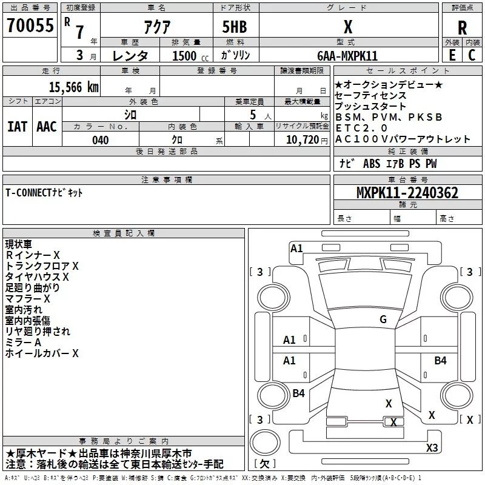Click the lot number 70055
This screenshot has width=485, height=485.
(x=30, y=26)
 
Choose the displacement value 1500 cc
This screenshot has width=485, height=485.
(x=186, y=56)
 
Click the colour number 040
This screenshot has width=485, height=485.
(x=101, y=140)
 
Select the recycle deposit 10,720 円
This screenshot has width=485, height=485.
(x=302, y=140)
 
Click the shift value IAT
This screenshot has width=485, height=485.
(x=17, y=127)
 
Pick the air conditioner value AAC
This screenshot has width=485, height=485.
(x=47, y=127)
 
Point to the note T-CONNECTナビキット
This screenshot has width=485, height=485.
(x=44, y=193)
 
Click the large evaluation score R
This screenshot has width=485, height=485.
(x=462, y=27)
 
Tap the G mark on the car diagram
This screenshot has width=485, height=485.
(x=383, y=319)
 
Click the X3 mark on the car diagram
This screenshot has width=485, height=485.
(x=432, y=448)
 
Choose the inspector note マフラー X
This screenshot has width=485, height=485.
(x=28, y=299)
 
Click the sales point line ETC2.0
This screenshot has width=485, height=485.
(x=361, y=128)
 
